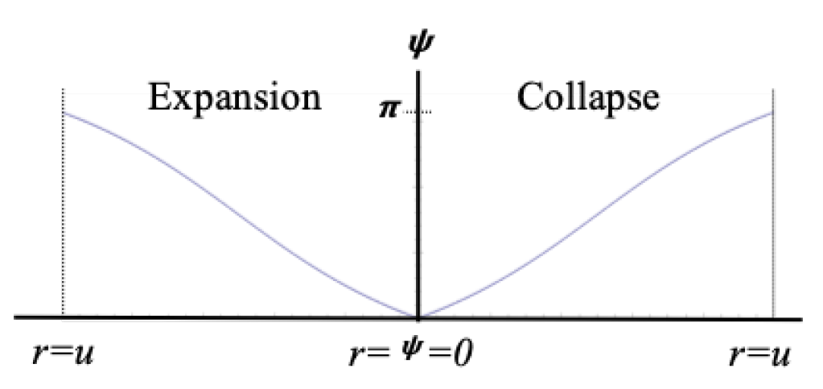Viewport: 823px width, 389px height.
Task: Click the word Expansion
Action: [x=234, y=97]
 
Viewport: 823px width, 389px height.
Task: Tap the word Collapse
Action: [x=588, y=97]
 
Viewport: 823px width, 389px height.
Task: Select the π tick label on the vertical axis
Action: [x=389, y=110]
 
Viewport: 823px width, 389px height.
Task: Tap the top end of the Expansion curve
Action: [x=64, y=113]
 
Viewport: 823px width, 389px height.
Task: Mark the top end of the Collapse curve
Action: [x=772, y=112]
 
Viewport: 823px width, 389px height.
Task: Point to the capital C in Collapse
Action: [x=529, y=97]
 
